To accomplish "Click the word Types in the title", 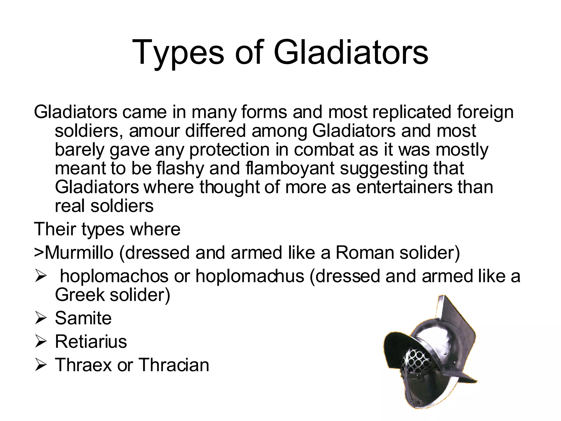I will point(178,53).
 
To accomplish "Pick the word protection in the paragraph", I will point(230,150).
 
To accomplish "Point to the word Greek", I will point(80,295).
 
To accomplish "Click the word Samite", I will point(83,318).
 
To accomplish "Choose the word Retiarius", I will point(91,342).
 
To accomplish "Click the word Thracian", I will point(174,365).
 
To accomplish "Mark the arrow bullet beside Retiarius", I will point(41,342).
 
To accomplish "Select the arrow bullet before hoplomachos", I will point(41,276).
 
